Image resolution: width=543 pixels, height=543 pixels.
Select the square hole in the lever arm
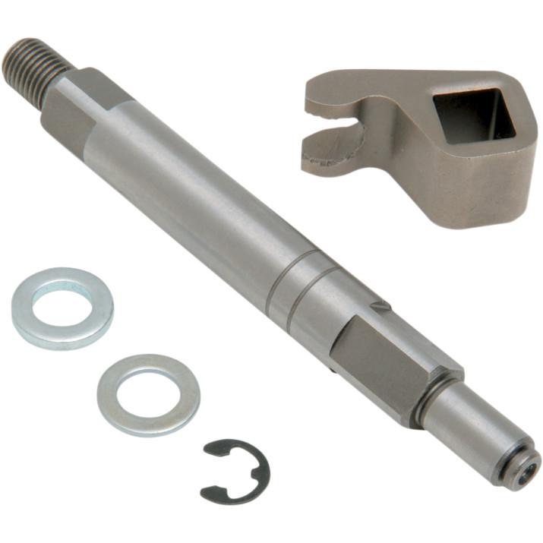pos(469,115)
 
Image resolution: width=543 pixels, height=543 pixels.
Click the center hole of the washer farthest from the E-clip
pos(63,306)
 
